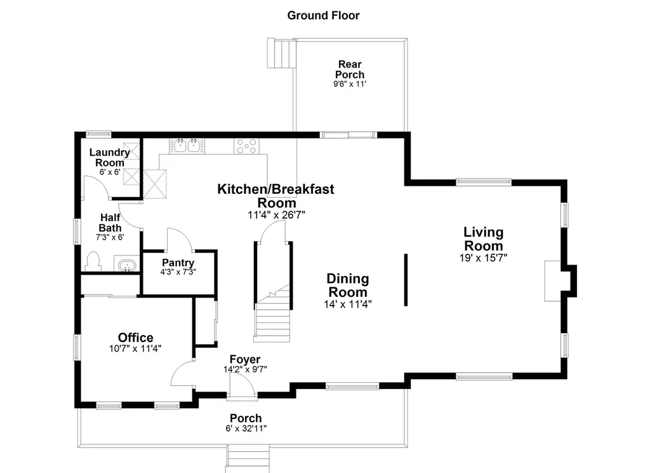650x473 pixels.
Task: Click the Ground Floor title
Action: (323, 15)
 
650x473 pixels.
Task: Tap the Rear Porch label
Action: (350, 69)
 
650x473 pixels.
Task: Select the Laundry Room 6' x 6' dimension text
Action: (110, 172)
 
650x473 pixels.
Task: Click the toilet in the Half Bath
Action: (93, 261)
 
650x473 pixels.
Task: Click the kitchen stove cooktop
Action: (247, 146)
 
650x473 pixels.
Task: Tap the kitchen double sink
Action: (187, 146)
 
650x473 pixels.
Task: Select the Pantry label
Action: (178, 263)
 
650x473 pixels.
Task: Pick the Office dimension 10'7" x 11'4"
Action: (135, 348)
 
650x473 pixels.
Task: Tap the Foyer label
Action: (245, 359)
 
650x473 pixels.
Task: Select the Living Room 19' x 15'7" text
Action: (483, 258)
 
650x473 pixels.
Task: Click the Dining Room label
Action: (348, 285)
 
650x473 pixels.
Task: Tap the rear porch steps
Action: (281, 53)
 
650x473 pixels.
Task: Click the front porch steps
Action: (248, 459)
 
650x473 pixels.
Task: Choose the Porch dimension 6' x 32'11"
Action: (246, 428)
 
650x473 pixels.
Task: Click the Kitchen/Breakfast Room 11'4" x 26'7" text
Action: (276, 215)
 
